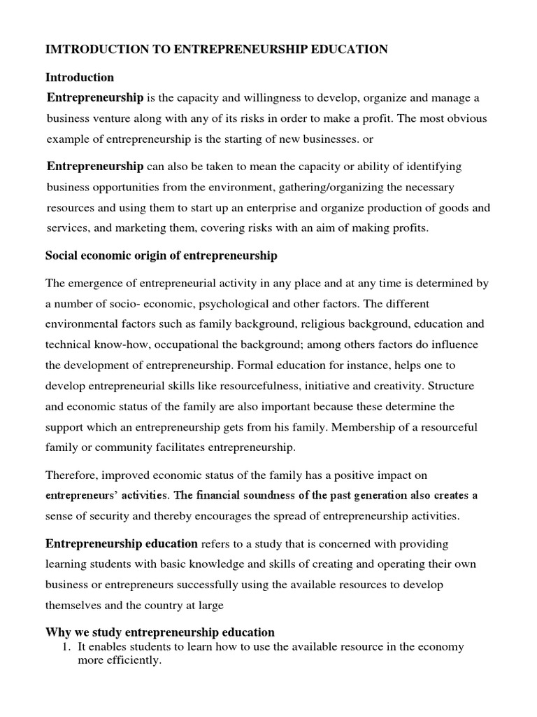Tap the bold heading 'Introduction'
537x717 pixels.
click(80, 77)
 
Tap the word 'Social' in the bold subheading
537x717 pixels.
click(61, 256)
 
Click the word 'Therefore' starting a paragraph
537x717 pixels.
click(72, 475)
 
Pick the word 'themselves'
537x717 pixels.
click(74, 604)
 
